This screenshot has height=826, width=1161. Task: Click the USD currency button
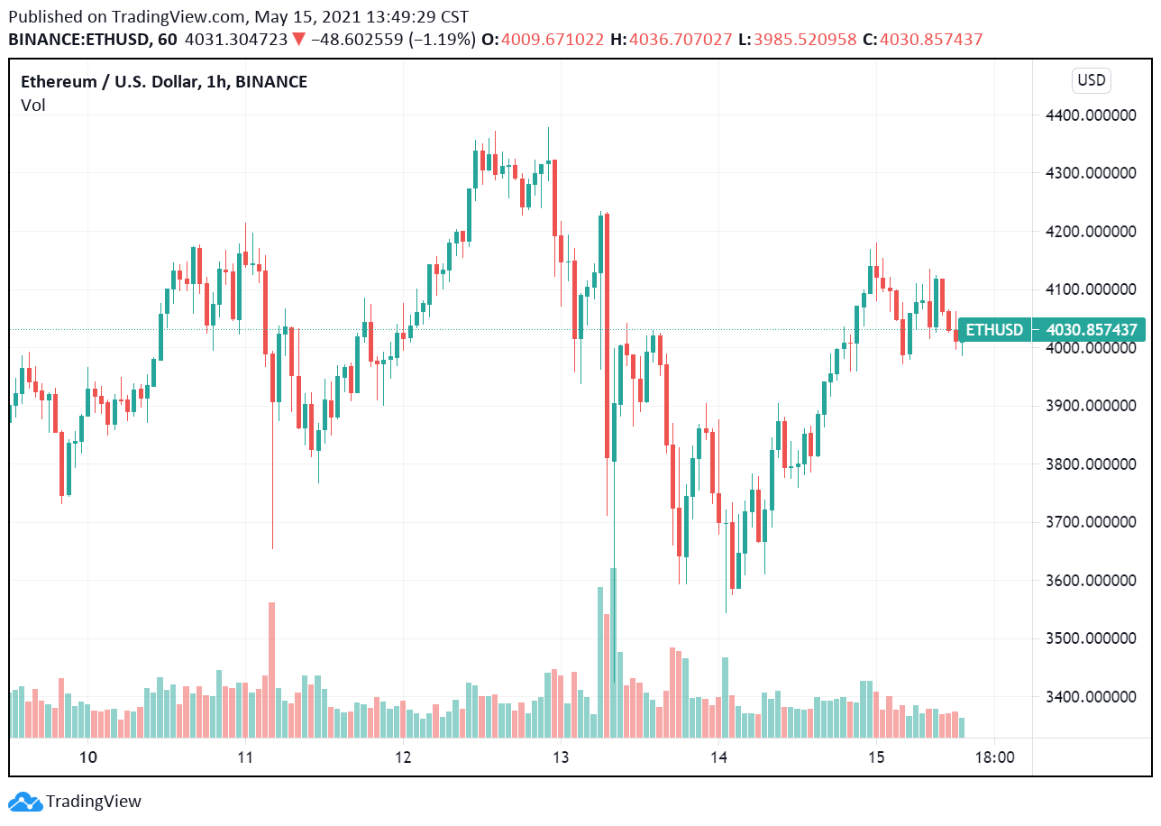[x=1091, y=80]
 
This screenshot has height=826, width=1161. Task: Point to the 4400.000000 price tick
[x=1091, y=115]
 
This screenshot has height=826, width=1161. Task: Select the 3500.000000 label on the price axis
[x=1091, y=638]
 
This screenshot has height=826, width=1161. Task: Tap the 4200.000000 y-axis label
[x=1091, y=231]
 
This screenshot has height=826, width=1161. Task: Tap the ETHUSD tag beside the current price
[x=994, y=330]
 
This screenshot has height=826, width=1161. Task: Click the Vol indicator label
[x=33, y=106]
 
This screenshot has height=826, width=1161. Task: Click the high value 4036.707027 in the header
[x=681, y=40]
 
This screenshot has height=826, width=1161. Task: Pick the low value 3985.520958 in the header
[x=804, y=40]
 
